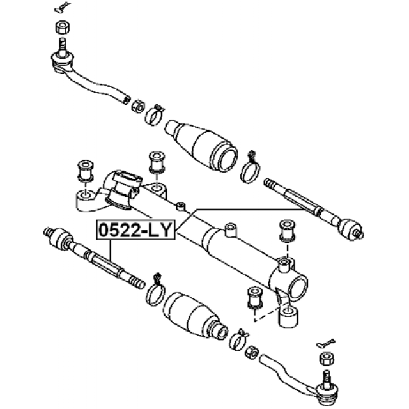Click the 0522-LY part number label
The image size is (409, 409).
point(135,230)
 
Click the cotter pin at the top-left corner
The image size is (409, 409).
point(63,6)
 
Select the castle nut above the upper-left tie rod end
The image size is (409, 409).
point(63,27)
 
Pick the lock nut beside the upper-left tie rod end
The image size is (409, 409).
point(138,105)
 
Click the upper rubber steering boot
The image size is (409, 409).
point(201,146)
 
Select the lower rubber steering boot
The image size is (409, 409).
point(196,314)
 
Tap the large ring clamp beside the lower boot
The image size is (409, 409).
point(156,291)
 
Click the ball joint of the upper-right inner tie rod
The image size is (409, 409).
point(349,229)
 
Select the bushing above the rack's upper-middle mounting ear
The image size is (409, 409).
point(157,162)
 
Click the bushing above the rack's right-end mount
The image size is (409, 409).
point(287,230)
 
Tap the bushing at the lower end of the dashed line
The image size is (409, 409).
point(254,297)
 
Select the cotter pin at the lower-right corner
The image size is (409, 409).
point(325,343)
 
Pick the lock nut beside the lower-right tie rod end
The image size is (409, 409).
point(252,351)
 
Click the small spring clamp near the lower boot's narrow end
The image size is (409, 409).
point(238,339)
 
